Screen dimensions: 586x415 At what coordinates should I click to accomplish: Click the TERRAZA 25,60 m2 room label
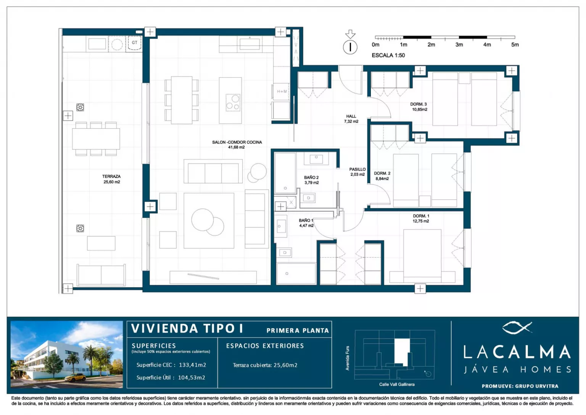coord(112,179)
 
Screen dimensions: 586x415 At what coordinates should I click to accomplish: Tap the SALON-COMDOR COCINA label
coord(237,142)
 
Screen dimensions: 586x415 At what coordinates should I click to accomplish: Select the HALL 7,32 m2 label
coord(351,119)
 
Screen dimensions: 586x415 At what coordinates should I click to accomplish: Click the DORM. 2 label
coord(382,173)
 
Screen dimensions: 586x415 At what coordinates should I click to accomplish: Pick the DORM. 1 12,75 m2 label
coord(421,219)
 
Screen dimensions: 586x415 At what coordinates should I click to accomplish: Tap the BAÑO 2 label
coord(311,178)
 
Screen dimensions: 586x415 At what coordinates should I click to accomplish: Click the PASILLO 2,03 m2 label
coord(357,172)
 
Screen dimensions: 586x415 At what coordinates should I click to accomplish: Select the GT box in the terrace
coord(134,43)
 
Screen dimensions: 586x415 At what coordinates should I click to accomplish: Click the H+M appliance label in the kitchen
coord(282,91)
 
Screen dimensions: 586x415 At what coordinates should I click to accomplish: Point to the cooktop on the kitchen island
coord(233,102)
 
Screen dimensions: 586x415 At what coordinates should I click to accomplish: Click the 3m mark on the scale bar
coord(459,45)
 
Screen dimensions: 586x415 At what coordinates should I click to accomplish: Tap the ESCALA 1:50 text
coord(388,55)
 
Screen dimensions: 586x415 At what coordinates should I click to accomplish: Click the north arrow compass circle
coord(350,47)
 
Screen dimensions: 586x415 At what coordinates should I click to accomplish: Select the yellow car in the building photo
coord(75,378)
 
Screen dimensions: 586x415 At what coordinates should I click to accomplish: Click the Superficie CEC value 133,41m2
coord(193,365)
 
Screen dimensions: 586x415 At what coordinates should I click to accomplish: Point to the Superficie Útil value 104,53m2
coord(192,378)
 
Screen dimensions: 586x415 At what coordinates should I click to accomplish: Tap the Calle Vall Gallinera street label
coord(397,384)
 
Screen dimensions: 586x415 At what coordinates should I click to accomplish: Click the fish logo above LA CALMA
coord(517,327)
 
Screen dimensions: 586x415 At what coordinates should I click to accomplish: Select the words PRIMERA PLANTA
coord(298,331)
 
